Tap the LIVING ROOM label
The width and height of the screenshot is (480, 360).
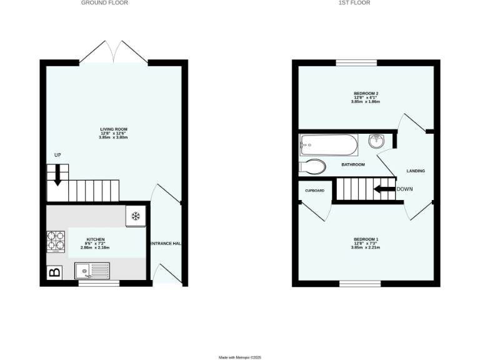(113, 129)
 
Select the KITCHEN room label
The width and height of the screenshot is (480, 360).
(95, 240)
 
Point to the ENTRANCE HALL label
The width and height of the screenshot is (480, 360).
(166, 244)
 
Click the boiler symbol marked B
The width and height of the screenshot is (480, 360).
(54, 272)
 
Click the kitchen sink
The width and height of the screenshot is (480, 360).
(92, 271)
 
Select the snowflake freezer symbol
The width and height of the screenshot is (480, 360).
(135, 216)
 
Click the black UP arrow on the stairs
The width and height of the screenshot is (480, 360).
(57, 174)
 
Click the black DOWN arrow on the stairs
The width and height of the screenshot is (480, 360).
(384, 189)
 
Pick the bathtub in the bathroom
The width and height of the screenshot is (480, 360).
(329, 146)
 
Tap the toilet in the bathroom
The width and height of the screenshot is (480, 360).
(312, 167)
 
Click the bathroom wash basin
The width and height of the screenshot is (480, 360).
(376, 141)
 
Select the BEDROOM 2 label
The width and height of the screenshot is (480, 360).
(366, 94)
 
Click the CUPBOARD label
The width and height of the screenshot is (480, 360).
(314, 190)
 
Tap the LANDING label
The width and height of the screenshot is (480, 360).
(416, 171)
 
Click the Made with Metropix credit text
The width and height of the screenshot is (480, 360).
(240, 357)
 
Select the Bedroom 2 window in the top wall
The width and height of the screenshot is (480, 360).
(356, 62)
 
